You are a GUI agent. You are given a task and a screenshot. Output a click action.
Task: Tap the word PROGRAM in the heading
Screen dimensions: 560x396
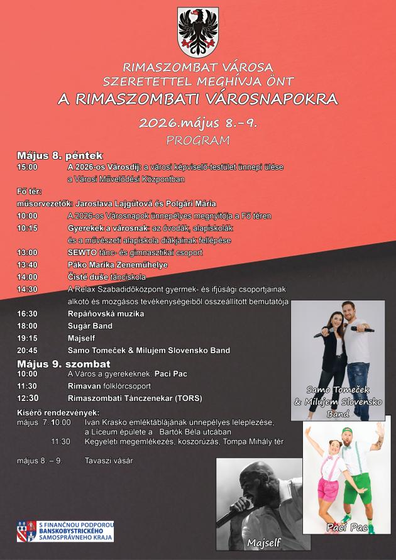[198, 140]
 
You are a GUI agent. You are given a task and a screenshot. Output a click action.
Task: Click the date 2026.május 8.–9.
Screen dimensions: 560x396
[198, 122]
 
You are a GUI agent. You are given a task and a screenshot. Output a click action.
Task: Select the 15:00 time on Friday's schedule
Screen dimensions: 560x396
[27, 167]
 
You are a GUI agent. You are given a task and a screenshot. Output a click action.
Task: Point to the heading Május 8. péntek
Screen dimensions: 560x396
[60, 155]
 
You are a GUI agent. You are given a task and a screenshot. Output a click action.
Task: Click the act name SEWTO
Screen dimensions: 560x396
[79, 253]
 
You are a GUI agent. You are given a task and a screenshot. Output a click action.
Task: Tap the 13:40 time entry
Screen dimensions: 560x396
[27, 265]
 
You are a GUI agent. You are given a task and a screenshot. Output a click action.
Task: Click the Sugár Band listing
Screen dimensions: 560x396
[90, 326]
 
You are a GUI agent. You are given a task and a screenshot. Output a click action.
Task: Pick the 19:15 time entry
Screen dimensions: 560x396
[27, 338]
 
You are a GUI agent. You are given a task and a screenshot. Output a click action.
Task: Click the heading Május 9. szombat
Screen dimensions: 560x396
[63, 363]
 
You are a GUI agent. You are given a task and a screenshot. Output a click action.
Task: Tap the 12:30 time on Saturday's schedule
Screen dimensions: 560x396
[27, 398]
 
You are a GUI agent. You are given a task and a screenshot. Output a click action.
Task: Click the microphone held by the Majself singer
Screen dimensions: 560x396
[233, 516]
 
